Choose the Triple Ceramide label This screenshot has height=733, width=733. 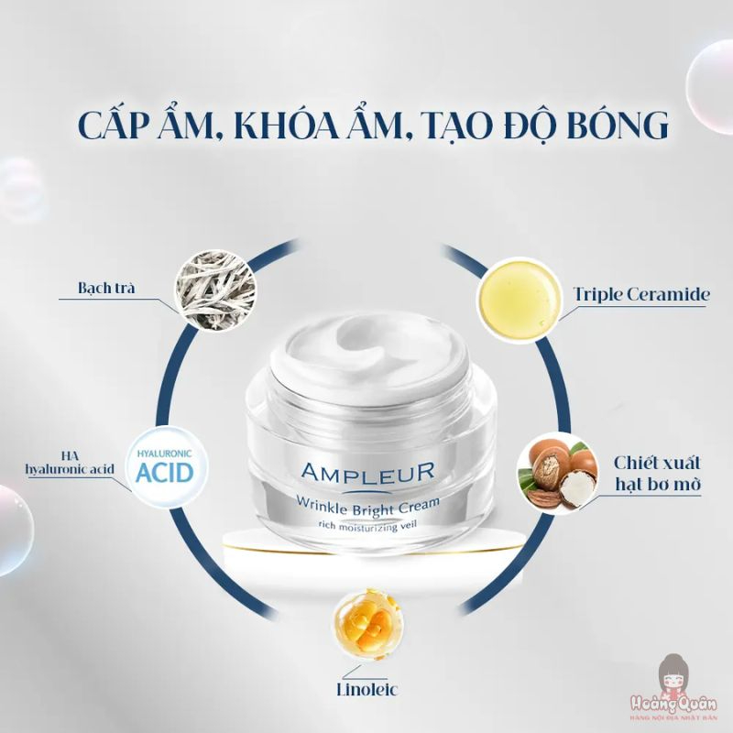[641, 294]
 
